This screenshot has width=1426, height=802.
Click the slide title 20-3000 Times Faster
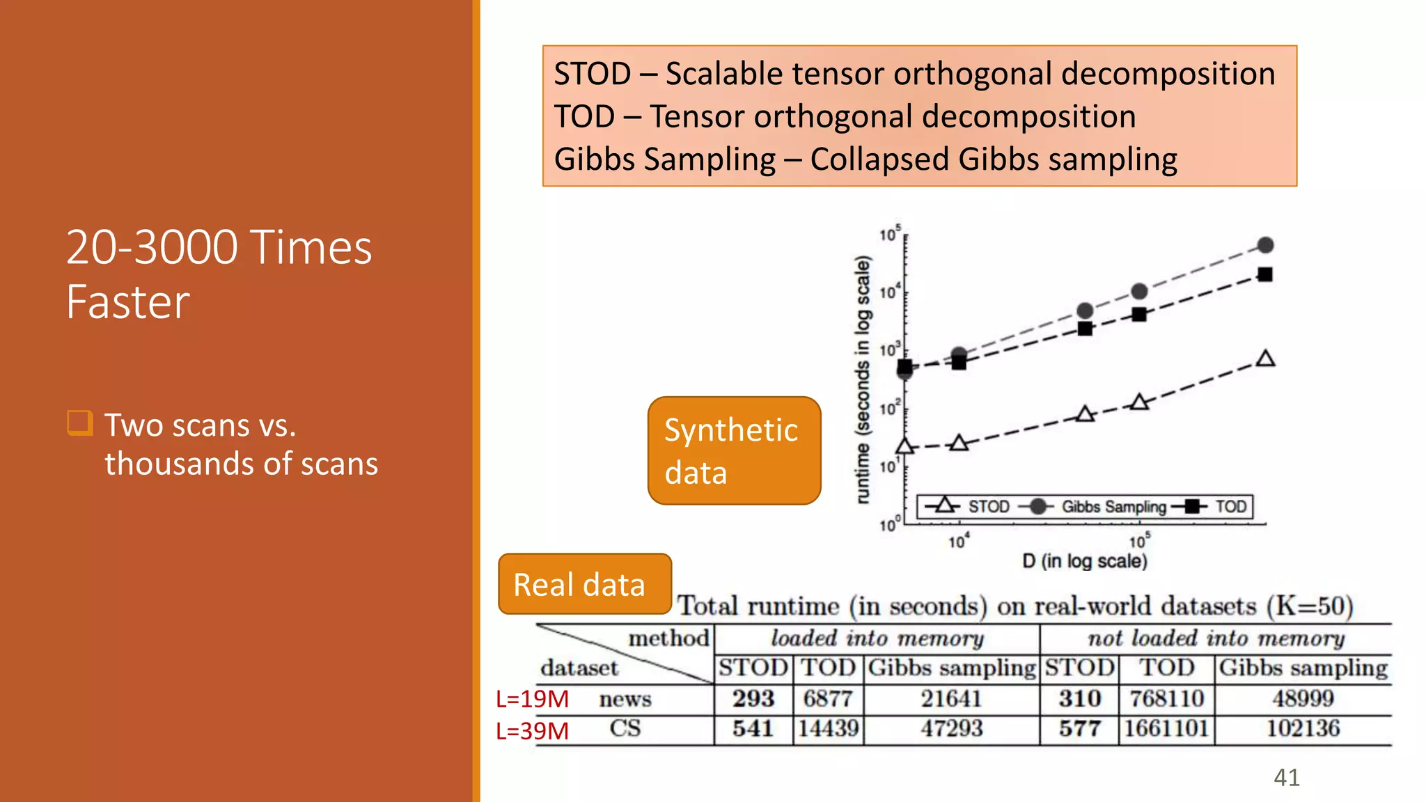click(x=219, y=274)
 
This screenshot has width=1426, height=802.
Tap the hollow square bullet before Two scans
click(x=79, y=423)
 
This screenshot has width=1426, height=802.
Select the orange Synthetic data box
click(x=734, y=450)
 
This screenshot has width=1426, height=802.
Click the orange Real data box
click(x=584, y=584)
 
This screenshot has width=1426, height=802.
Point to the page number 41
click(x=1286, y=777)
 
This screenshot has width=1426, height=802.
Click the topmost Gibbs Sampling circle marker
click(x=1265, y=245)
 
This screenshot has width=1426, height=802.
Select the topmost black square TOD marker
click(x=1265, y=274)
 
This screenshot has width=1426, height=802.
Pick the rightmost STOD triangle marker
click(x=1265, y=359)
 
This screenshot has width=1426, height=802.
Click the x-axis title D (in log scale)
click(x=1084, y=561)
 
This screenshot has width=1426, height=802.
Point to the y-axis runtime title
click(x=863, y=379)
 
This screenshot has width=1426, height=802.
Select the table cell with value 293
click(x=753, y=698)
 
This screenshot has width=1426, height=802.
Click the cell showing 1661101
click(x=1166, y=729)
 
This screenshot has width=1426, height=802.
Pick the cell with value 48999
click(x=1303, y=698)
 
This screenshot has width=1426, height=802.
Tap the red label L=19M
click(x=532, y=699)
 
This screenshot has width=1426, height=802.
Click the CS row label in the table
click(x=625, y=729)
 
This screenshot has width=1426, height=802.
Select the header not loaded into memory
click(x=1216, y=638)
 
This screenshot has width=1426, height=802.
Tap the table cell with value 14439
click(x=828, y=729)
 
